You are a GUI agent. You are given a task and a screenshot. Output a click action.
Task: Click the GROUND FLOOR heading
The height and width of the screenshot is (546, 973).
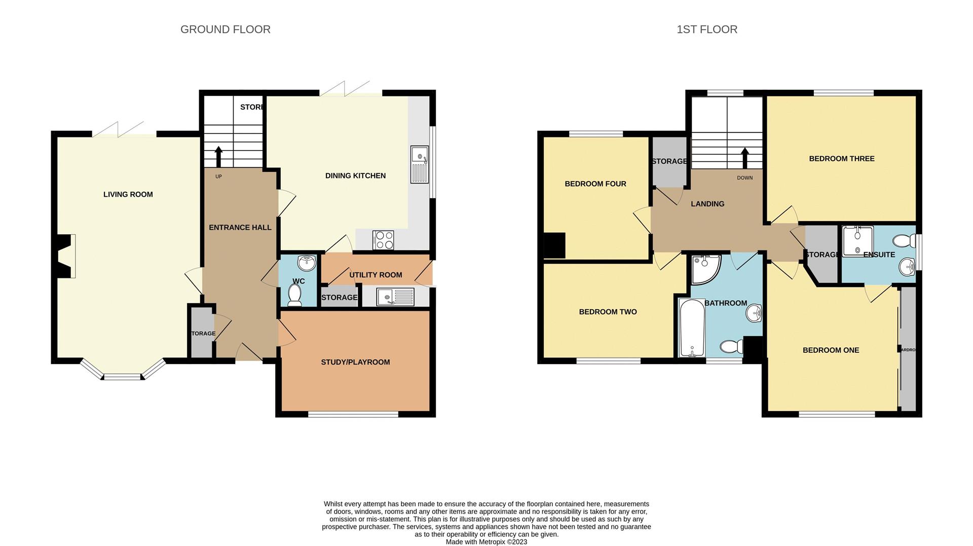(x=225, y=29)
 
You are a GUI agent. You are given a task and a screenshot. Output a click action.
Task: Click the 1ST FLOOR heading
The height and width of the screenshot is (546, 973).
(x=706, y=29)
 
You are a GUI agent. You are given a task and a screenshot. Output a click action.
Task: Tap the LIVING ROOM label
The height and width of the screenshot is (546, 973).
(x=128, y=194)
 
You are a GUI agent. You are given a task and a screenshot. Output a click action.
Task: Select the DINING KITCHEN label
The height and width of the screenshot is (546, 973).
(x=355, y=175)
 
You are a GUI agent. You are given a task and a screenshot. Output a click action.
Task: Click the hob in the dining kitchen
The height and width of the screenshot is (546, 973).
(x=384, y=240)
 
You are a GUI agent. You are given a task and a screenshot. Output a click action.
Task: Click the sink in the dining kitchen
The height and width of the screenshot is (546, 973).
(x=420, y=165)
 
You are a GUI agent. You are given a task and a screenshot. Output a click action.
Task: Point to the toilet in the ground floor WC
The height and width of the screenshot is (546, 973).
(x=294, y=295)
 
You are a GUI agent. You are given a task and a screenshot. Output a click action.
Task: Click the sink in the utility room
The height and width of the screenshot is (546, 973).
(x=395, y=297)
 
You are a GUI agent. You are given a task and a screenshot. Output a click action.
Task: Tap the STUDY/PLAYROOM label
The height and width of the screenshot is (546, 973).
(x=355, y=362)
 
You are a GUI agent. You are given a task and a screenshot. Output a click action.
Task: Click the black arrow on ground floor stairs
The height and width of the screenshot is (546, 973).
(x=219, y=157)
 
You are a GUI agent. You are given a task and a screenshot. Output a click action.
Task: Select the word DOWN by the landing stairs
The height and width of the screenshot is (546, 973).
(x=744, y=178)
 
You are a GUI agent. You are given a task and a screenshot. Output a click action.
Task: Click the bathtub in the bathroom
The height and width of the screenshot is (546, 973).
(x=692, y=329)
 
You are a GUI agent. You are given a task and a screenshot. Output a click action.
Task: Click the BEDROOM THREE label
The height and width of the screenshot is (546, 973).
(x=841, y=159)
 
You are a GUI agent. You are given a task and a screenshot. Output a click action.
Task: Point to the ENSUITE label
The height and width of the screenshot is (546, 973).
(x=879, y=254)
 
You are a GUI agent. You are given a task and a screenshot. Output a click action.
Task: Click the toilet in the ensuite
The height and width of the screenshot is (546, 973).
(x=904, y=240)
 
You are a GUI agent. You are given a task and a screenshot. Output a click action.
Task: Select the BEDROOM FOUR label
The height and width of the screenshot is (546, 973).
(x=595, y=184)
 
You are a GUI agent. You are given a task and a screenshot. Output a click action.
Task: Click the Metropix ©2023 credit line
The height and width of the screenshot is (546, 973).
(x=486, y=542)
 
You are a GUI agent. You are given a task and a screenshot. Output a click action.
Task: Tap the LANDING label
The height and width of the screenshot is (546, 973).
(x=707, y=204)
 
